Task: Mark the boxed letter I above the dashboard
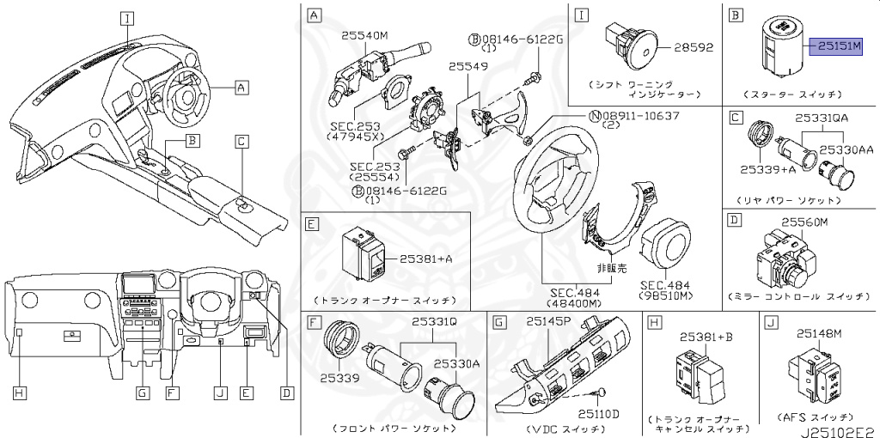point(126,17)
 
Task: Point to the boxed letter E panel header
point(313,223)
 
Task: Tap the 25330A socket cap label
point(455,364)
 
